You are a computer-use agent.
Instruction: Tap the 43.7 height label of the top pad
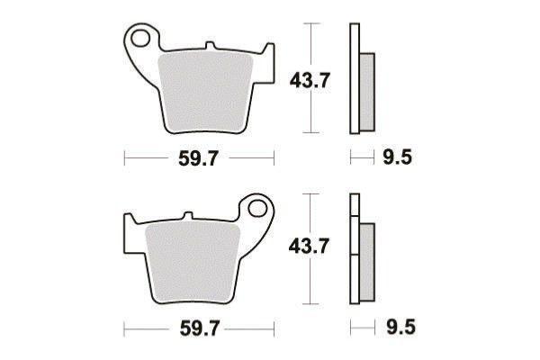point(310,80)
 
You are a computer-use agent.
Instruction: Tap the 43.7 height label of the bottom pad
point(310,247)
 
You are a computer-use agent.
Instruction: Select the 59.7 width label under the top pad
point(199,158)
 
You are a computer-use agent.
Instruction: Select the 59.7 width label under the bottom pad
point(200,328)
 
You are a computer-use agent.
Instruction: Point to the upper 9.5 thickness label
point(398,157)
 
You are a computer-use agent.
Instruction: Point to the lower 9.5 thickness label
point(400,327)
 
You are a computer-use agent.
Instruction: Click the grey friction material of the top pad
point(205,93)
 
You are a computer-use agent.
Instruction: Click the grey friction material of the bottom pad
point(193,263)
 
